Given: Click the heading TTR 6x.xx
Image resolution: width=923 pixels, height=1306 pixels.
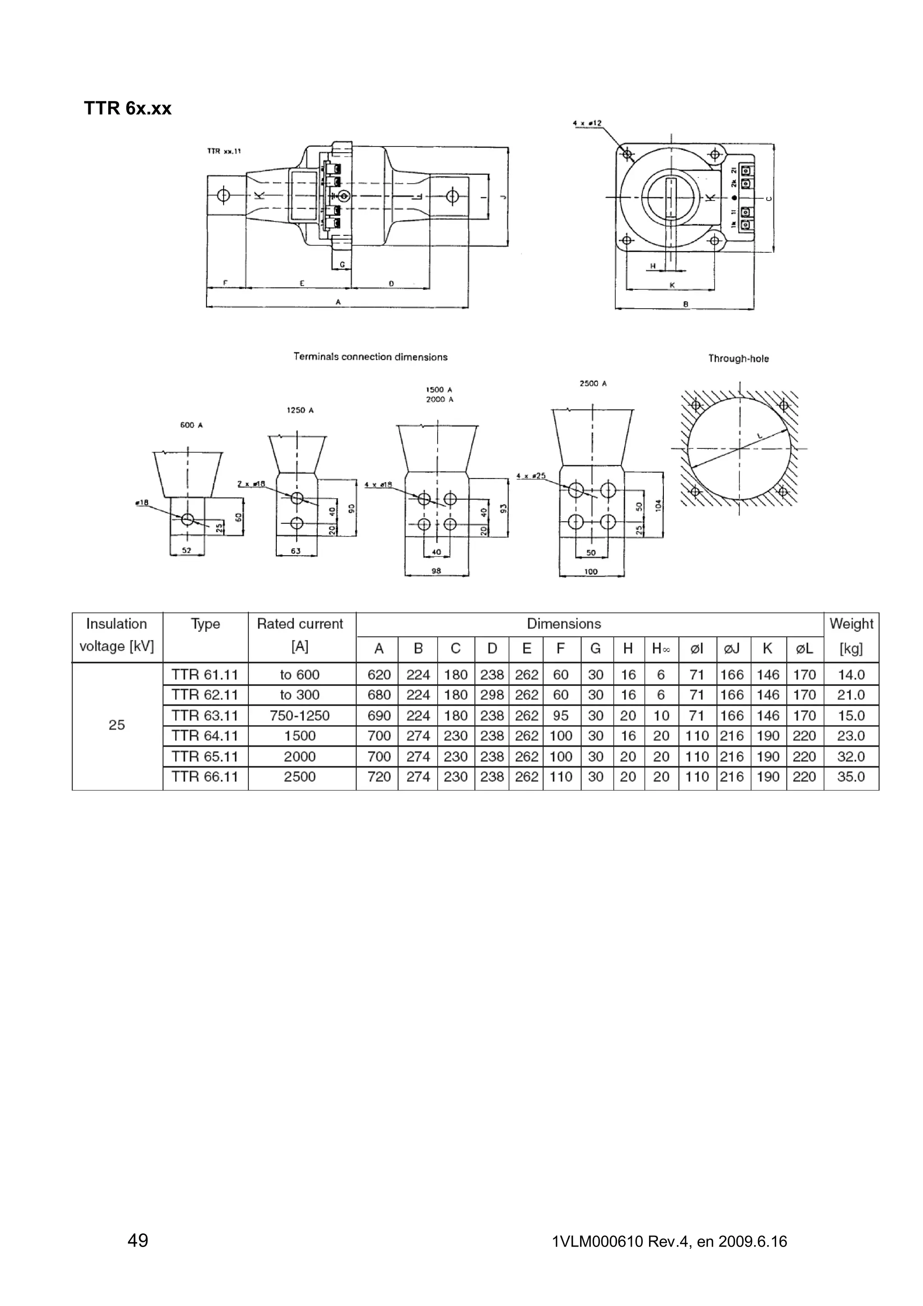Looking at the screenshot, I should coord(128,108).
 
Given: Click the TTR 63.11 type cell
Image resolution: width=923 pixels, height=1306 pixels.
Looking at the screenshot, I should coord(205,716).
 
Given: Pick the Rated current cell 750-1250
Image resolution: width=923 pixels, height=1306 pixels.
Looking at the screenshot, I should coord(300,716).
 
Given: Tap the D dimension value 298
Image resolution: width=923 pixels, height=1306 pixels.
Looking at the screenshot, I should coord(492,695).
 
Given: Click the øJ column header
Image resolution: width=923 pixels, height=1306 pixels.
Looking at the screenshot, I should coord(732,648).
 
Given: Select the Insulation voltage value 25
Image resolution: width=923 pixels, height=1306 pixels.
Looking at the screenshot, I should coord(117,725).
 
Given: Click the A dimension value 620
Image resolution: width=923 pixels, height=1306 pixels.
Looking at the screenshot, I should coord(379,675).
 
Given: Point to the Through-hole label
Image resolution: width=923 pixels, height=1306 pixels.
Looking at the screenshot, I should coord(738,359).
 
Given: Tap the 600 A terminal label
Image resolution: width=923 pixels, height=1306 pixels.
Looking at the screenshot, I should coord(191,425).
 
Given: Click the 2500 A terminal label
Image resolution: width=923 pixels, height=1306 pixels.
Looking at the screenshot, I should coord(593,384).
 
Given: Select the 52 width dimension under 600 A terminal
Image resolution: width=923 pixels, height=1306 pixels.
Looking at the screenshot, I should coord(187,551).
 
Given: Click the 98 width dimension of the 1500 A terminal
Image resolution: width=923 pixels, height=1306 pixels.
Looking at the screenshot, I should coord(436,571).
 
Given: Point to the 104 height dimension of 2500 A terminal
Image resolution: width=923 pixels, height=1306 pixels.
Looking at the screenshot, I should coord(658,505).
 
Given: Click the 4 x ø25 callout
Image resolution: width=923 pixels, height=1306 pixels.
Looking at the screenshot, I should coord(530,475).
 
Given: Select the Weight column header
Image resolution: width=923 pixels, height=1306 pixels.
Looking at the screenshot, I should coord(851,624).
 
